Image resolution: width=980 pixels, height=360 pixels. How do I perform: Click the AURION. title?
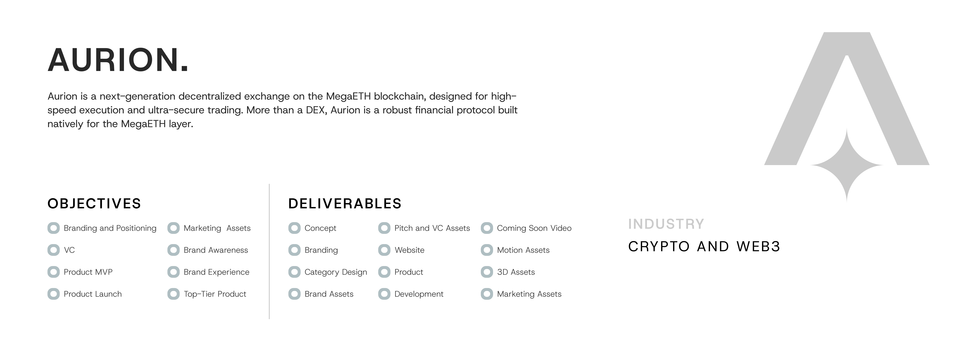point(118,60)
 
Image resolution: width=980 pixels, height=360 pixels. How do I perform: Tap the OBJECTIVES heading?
point(94,204)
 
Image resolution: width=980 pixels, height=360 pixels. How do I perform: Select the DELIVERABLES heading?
point(345,204)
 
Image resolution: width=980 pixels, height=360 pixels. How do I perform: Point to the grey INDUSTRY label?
point(666,224)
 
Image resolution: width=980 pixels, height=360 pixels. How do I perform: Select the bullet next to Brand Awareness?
point(174,250)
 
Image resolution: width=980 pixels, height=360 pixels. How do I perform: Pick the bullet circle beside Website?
point(384,250)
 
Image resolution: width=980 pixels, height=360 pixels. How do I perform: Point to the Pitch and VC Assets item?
point(432,228)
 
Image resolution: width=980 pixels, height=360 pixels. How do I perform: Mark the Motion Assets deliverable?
point(523,250)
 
